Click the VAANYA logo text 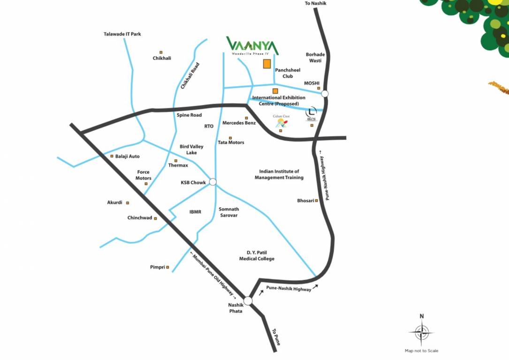click(252, 45)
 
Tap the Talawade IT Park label click(122, 34)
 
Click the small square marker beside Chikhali click(161, 52)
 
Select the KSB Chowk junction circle click(213, 182)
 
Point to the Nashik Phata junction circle click(248, 300)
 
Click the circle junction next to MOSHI click(325, 94)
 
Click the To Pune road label click(276, 337)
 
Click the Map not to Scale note click(421, 351)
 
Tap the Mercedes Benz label click(239, 123)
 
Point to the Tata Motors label click(231, 142)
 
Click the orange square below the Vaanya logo click(266, 64)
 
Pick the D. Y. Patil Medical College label click(257, 255)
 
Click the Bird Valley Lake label click(191, 150)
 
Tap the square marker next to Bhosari click(316, 201)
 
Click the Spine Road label click(189, 115)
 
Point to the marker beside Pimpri click(167, 267)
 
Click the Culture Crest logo click(281, 122)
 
